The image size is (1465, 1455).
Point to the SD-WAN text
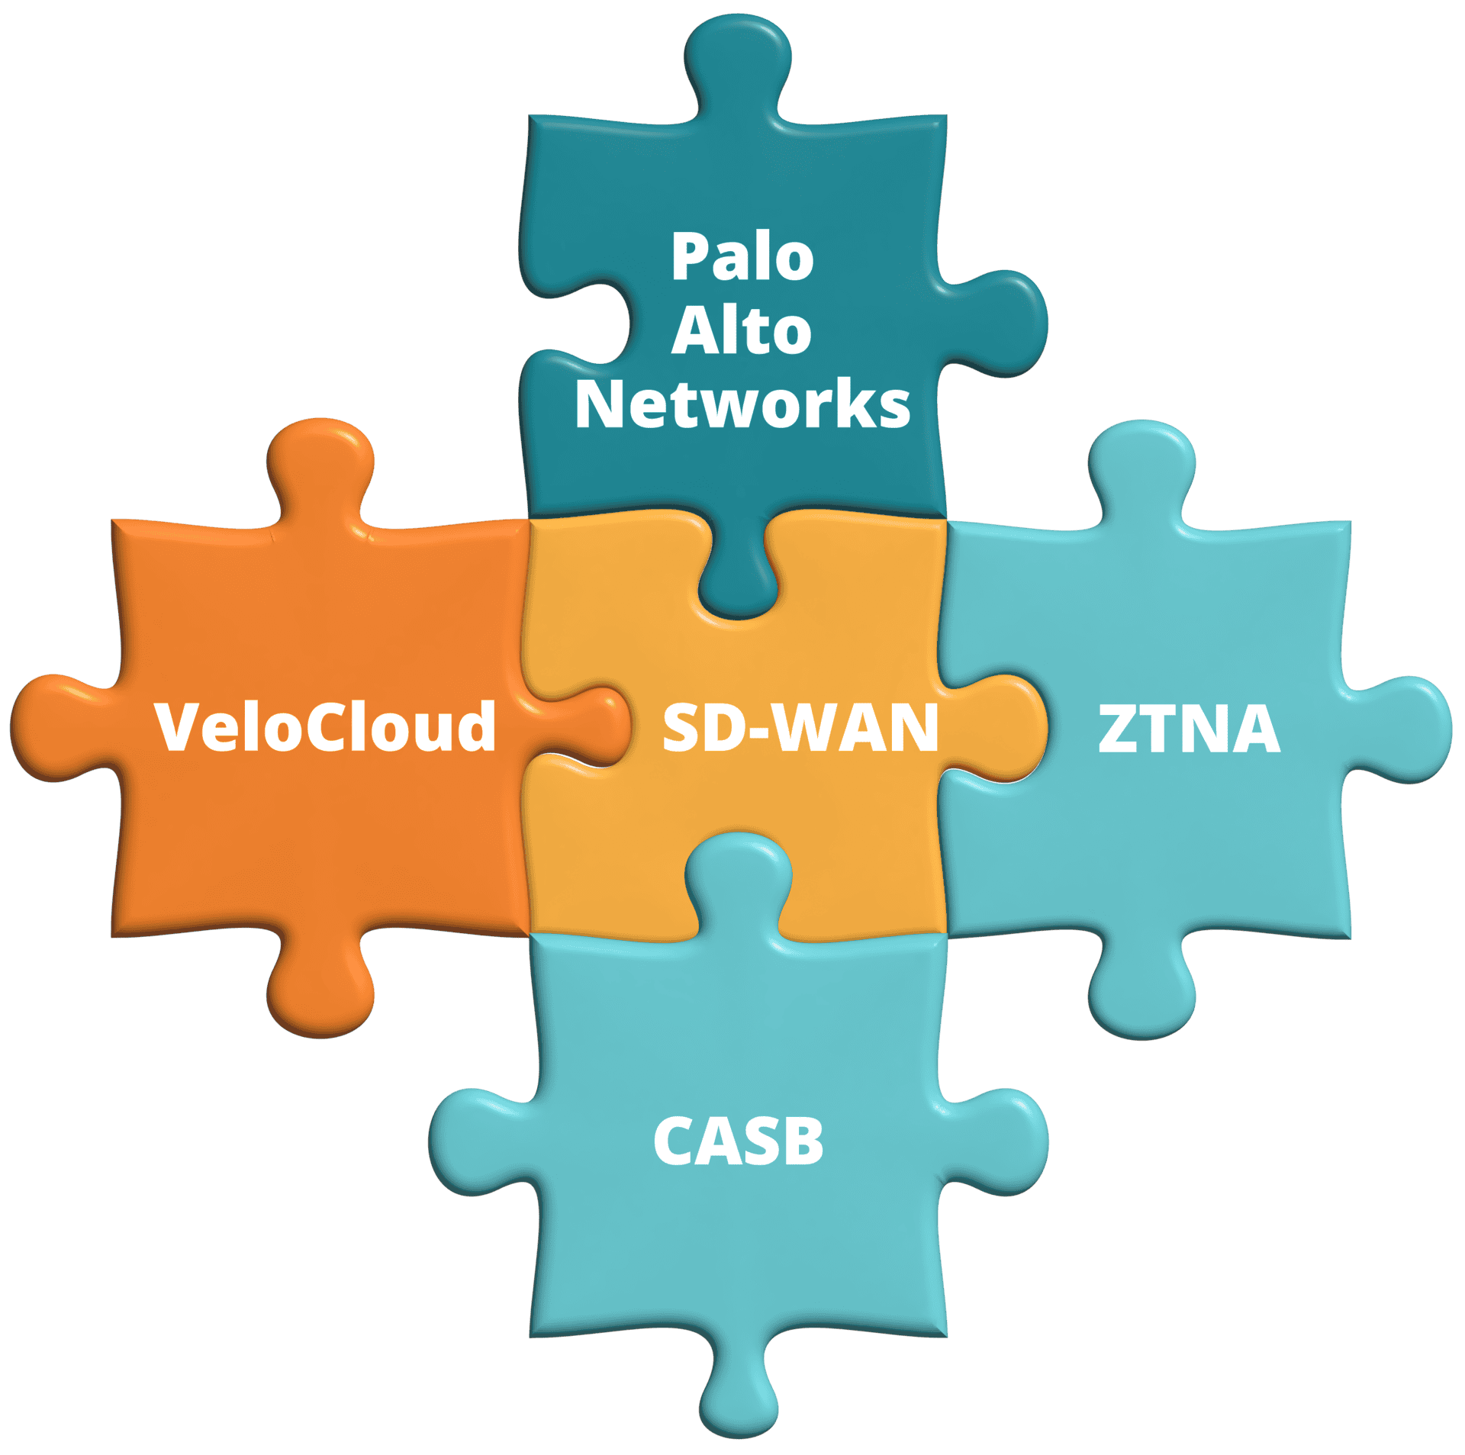coord(800,728)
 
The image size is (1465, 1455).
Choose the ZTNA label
coord(1189,728)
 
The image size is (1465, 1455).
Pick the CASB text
coord(739,1141)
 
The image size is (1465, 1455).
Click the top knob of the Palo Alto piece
coord(738,57)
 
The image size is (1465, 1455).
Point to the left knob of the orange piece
coord(53,726)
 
